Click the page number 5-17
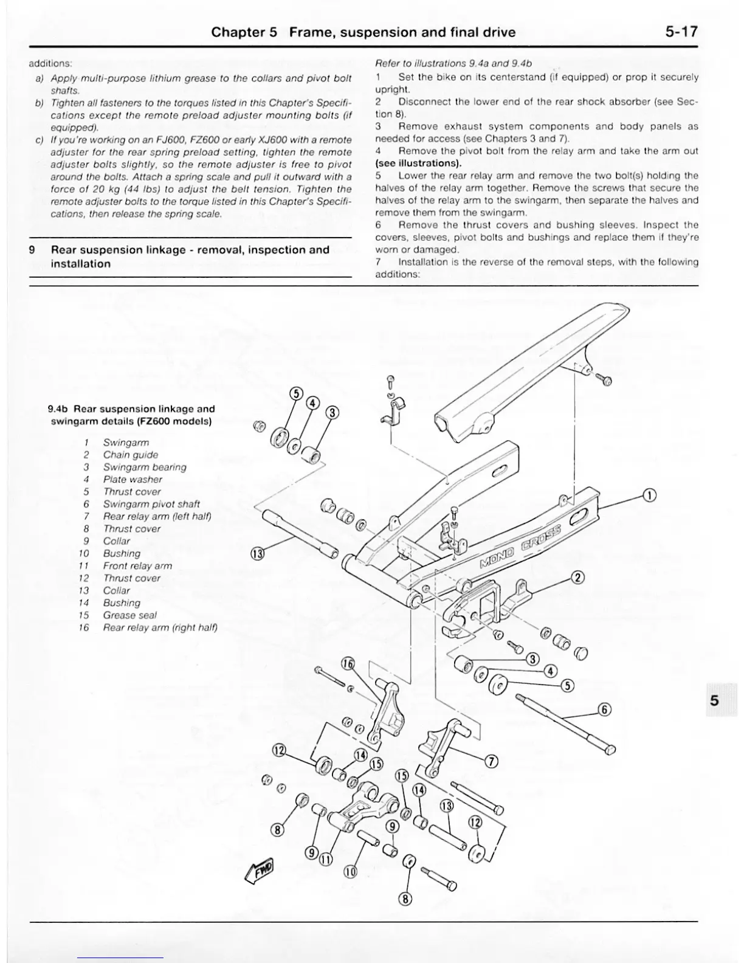[x=681, y=32]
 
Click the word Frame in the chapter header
[x=311, y=32]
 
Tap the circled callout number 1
[x=649, y=495]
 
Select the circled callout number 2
[x=578, y=577]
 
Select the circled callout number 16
[x=348, y=664]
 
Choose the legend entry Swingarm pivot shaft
[x=151, y=504]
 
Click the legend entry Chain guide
[x=130, y=455]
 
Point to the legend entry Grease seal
[x=129, y=615]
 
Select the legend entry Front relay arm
[x=137, y=565]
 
